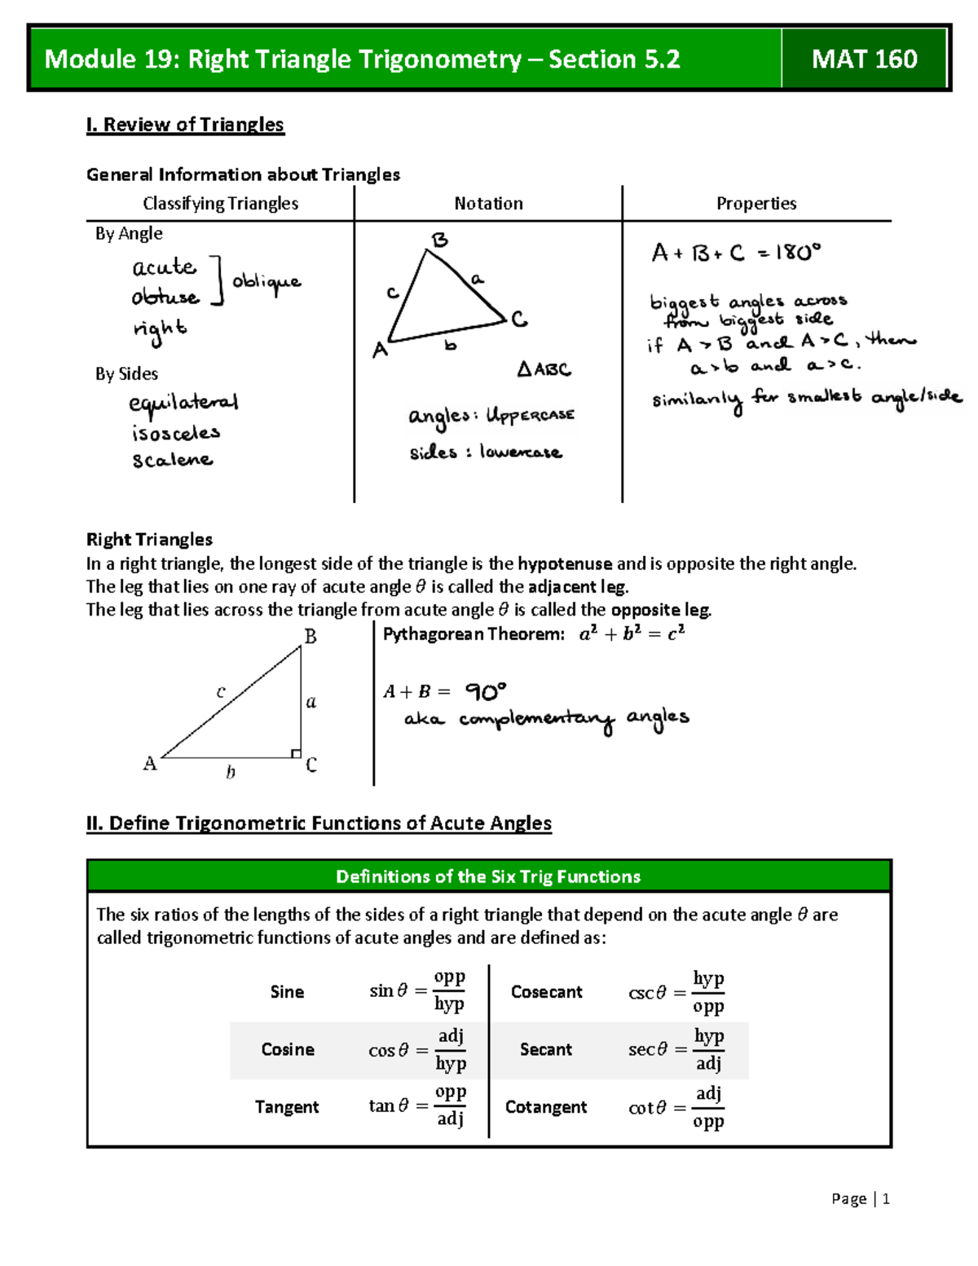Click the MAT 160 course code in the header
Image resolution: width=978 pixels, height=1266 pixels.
864,59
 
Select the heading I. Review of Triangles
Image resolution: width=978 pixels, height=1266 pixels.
185,125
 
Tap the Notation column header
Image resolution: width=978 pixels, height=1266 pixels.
488,204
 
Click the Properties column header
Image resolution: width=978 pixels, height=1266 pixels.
756,204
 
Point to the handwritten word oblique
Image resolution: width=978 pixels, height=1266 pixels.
267,282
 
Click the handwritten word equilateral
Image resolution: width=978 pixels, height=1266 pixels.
183,404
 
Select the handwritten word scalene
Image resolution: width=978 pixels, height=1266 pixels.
173,461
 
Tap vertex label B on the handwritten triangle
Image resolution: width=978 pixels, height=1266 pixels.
439,240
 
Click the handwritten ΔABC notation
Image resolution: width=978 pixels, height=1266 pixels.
544,369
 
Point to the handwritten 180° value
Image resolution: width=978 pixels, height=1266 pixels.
798,253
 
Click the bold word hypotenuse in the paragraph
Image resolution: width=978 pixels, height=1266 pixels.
564,564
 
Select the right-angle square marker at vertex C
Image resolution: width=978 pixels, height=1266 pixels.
296,753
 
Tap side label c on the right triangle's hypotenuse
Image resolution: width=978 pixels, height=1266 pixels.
221,692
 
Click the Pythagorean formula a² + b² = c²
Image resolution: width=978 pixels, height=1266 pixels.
632,634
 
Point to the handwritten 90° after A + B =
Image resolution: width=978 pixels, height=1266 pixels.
486,692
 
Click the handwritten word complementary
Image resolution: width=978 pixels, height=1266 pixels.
536,721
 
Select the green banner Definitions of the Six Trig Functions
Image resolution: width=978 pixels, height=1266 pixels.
488,876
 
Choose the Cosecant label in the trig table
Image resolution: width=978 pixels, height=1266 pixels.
546,992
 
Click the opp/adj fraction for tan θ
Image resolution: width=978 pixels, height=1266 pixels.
450,1105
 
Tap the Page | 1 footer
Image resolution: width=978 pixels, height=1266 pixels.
860,1198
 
